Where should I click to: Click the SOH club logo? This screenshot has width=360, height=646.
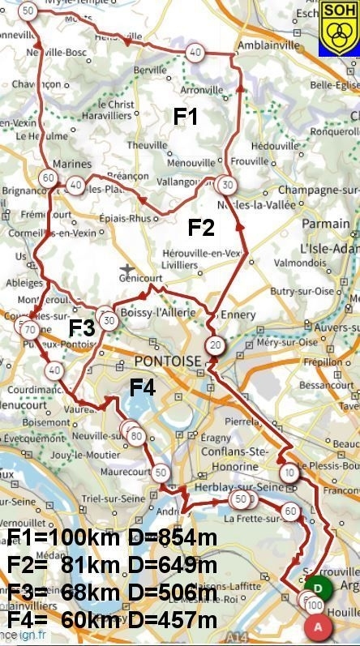point(338,28)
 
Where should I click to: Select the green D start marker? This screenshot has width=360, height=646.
point(319,587)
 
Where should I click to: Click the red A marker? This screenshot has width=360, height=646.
point(318,626)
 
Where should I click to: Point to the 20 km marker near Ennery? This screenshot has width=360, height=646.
point(214,344)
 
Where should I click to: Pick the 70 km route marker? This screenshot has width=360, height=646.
point(29,330)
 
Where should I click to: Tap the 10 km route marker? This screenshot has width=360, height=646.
point(289,473)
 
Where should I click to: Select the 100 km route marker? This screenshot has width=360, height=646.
point(315,605)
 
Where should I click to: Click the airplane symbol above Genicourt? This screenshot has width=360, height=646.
point(126,268)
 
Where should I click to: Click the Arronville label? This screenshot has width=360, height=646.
point(202,91)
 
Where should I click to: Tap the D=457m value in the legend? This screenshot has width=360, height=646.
point(170,621)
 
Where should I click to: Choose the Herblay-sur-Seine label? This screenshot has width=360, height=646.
point(228,487)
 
